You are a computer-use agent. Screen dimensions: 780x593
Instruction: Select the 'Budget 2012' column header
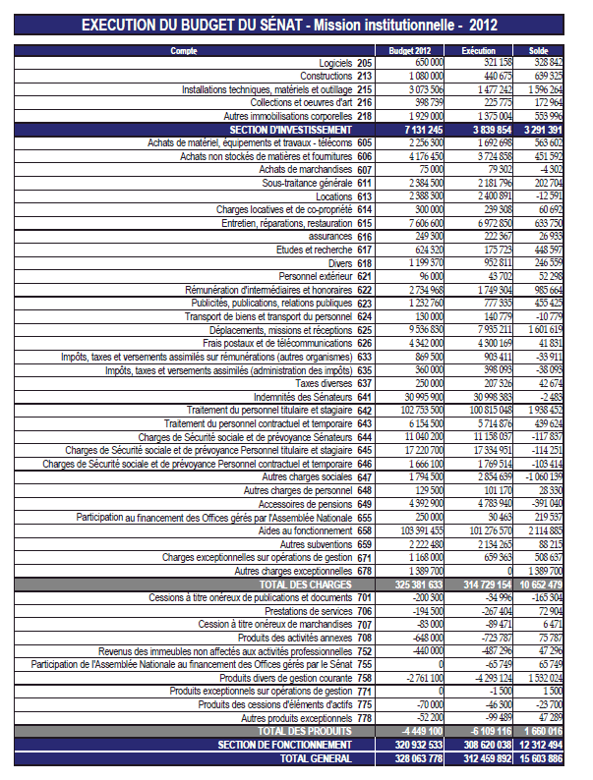[409, 49]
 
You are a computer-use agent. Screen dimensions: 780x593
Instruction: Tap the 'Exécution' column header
[478, 49]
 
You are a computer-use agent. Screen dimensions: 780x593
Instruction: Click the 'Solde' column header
[538, 49]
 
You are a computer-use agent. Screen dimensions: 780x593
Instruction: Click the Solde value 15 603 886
[539, 758]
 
